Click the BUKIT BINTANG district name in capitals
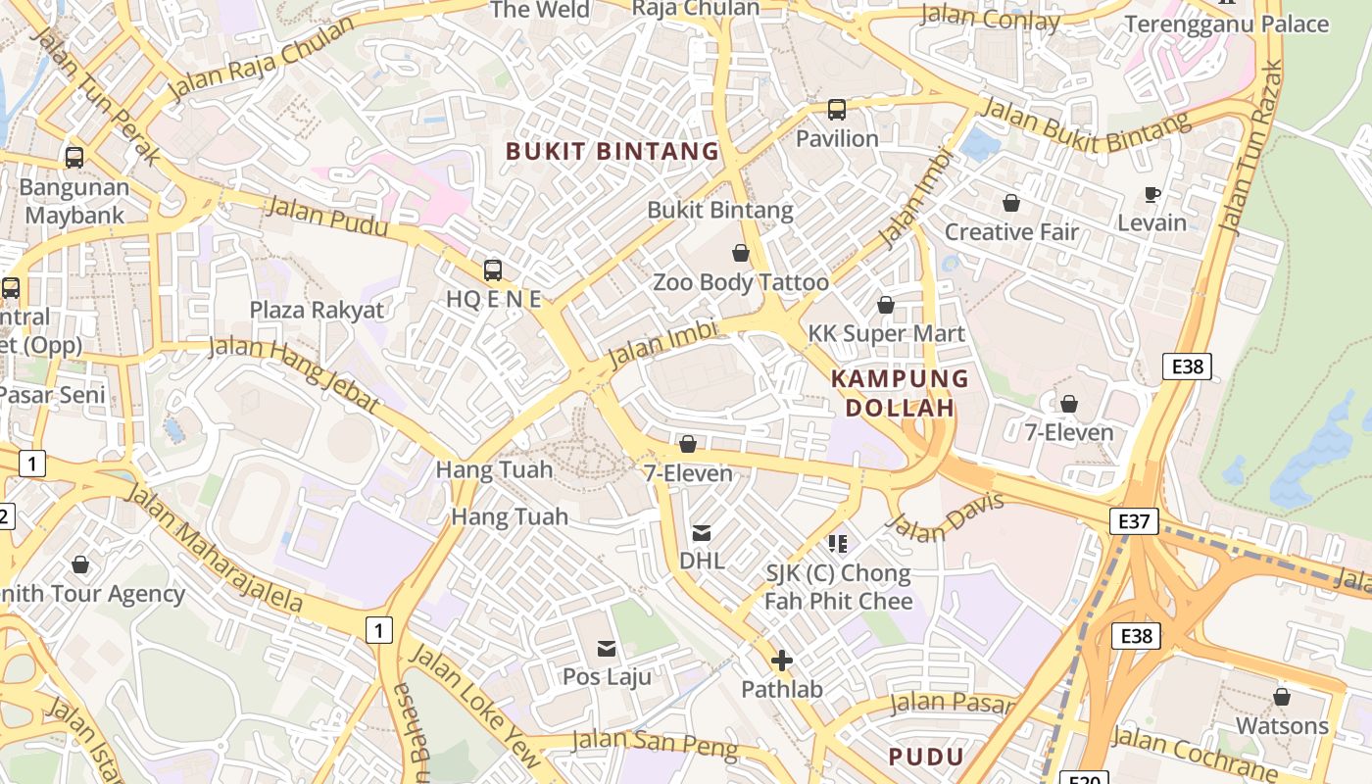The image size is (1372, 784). (x=612, y=151)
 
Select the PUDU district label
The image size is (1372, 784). (x=926, y=756)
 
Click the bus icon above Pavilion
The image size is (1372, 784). (x=837, y=110)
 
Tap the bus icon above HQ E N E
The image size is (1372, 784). (x=493, y=269)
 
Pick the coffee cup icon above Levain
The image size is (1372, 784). (x=1152, y=194)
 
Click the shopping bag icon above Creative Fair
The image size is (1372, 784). (x=1011, y=203)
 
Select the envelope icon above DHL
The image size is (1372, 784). (x=702, y=533)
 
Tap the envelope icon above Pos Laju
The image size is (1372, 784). (x=607, y=648)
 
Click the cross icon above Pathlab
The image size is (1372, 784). (x=782, y=661)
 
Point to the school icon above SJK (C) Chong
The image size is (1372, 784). (x=838, y=543)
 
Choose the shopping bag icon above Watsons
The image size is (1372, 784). (x=1282, y=697)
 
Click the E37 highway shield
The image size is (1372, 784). (x=1134, y=521)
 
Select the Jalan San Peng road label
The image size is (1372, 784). (x=655, y=743)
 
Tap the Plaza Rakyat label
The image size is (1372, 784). (x=317, y=310)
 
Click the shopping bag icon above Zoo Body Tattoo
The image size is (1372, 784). (x=741, y=254)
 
